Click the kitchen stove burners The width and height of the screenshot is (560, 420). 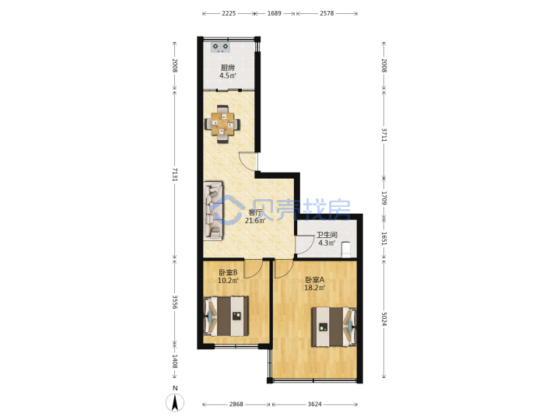pos(221,47)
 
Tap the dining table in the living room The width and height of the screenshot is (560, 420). pos(222,124)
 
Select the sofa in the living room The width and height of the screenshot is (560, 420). pos(213,211)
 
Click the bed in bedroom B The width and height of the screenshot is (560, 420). pos(226,316)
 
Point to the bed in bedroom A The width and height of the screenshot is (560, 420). pos(334,327)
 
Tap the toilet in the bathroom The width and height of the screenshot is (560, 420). pos(346,250)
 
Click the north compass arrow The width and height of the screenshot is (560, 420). pos(175,403)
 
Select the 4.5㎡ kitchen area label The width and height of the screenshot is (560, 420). pos(227,75)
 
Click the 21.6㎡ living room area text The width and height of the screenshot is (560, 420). pos(255,221)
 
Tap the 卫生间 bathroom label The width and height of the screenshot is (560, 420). pos(327,235)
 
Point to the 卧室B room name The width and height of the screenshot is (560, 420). pos(228,272)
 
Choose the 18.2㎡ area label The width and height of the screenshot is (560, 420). pos(315,288)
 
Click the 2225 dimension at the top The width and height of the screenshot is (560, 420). pos(229,13)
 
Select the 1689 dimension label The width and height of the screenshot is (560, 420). pos(275,13)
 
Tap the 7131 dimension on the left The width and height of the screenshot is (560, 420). pos(175,174)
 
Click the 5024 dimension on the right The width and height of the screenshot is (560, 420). pos(384,320)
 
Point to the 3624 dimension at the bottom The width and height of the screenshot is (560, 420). pos(315,404)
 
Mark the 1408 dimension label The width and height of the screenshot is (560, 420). pos(175,362)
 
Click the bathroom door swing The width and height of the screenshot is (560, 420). pos(303,245)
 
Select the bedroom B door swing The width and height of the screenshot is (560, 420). pos(254,268)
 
